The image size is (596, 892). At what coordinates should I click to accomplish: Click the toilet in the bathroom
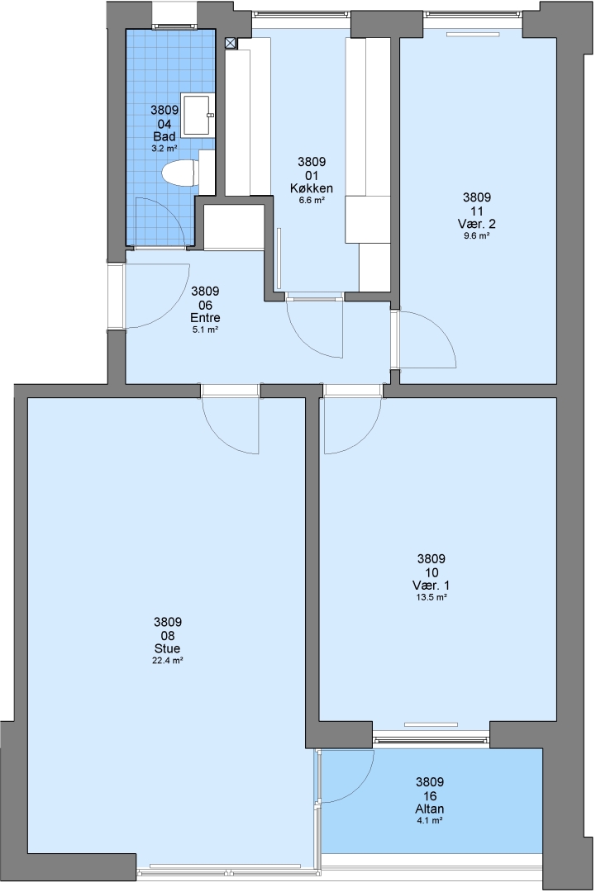tap(180, 173)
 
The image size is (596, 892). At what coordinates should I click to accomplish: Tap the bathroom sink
tap(197, 116)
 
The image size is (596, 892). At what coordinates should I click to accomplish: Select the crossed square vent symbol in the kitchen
tap(231, 42)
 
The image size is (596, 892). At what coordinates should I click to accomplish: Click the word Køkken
tap(312, 188)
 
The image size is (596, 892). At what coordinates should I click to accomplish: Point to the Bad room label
tap(164, 136)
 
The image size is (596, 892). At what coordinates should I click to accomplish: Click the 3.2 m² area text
tap(164, 149)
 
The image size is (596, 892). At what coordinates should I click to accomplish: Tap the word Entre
tap(206, 318)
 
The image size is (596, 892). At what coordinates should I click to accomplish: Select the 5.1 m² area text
tap(206, 330)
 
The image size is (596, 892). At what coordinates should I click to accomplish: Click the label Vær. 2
tap(476, 224)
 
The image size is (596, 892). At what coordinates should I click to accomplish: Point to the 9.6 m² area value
tap(477, 235)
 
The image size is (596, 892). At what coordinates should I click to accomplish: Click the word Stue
tap(167, 648)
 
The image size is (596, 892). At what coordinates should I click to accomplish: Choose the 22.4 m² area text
tap(168, 661)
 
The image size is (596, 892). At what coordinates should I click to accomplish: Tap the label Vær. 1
tap(431, 586)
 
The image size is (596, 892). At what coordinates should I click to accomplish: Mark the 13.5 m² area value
tap(432, 597)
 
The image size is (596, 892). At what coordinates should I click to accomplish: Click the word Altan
tap(430, 809)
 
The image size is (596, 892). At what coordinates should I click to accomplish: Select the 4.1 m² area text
tap(430, 820)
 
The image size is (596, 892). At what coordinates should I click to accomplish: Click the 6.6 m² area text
tap(312, 200)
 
